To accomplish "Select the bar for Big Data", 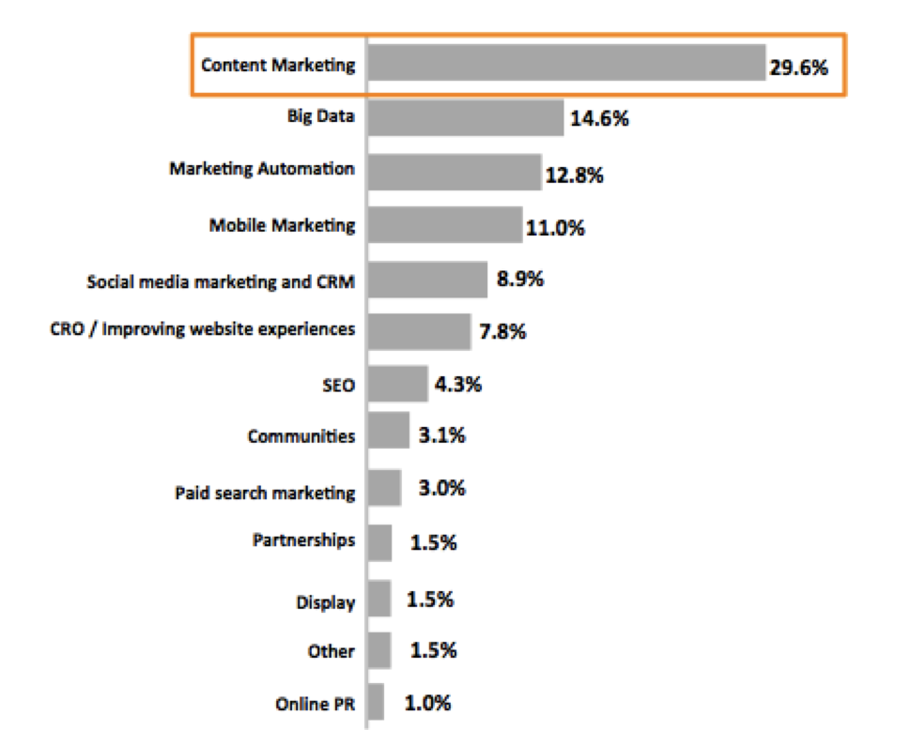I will [x=466, y=117].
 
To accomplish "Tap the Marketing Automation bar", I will [x=455, y=172].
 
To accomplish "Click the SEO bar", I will [x=398, y=384].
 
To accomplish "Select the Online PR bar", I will [x=376, y=702].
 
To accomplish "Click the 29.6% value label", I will [x=800, y=67].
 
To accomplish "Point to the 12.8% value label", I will [x=574, y=175].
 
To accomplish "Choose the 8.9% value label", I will [x=518, y=280].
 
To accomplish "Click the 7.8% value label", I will [x=502, y=332].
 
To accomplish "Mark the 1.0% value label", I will [x=428, y=702].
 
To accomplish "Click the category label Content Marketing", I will [x=279, y=65].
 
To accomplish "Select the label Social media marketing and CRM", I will [x=221, y=281].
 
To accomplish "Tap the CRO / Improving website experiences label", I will [x=202, y=329].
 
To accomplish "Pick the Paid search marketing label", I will [x=265, y=493].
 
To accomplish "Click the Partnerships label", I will [x=303, y=540].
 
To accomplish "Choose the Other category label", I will [x=331, y=651].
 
